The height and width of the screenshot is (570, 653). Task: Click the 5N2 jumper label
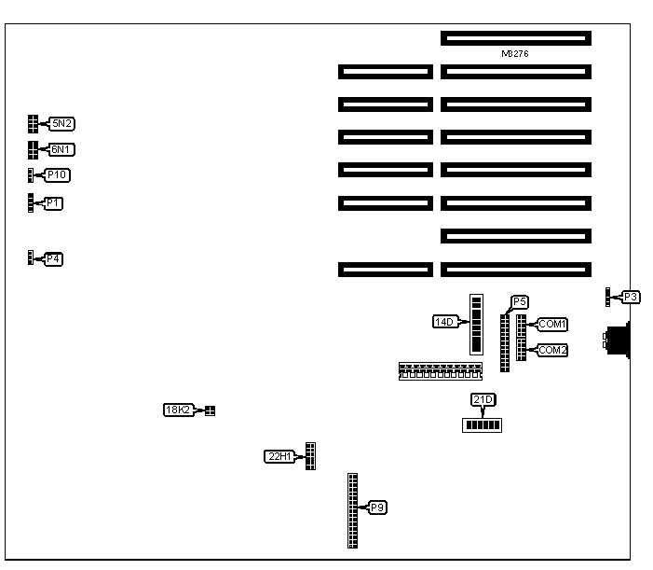coord(62,123)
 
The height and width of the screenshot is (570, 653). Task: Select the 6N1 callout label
coord(62,149)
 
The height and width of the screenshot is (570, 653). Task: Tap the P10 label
coord(58,175)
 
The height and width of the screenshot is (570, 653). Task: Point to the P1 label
coord(54,202)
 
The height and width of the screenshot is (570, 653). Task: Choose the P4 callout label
coord(53,258)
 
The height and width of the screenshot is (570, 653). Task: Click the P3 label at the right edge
coord(631,297)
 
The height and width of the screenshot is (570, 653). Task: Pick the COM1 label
coord(552,324)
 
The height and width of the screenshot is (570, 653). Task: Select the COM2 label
coord(552,350)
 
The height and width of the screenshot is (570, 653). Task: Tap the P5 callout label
coord(520,301)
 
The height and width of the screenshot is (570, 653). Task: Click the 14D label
coord(443,322)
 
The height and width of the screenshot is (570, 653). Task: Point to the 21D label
coord(483,400)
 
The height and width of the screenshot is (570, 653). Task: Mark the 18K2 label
coord(177,410)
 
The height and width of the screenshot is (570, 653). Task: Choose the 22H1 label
coord(279,456)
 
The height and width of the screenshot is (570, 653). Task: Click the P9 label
coord(377,507)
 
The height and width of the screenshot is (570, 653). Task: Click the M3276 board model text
coord(515,54)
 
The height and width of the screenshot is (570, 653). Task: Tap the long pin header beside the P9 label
coord(352,510)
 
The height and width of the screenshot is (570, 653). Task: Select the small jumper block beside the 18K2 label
coord(210,410)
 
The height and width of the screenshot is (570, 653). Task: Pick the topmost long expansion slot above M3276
coord(516,38)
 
